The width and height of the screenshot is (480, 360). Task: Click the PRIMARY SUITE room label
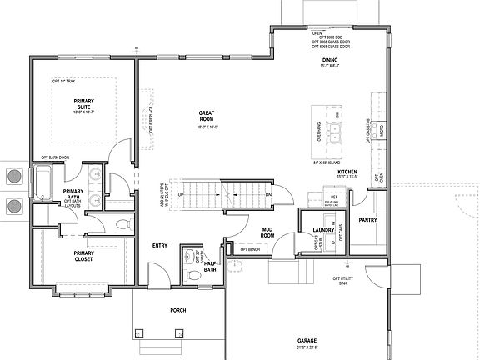(83, 103)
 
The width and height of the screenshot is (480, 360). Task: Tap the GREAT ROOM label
(207, 116)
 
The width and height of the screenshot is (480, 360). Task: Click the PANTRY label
(367, 221)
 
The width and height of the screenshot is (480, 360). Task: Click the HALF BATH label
(210, 266)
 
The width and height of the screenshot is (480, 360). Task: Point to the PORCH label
(178, 310)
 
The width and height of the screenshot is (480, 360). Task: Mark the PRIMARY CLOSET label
(82, 256)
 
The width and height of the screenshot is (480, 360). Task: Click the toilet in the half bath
(193, 274)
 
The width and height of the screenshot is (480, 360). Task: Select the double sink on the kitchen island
(335, 129)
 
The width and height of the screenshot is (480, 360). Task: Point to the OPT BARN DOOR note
(55, 157)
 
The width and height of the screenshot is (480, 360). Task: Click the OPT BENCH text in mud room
(251, 250)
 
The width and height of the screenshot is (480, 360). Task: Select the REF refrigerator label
(334, 197)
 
